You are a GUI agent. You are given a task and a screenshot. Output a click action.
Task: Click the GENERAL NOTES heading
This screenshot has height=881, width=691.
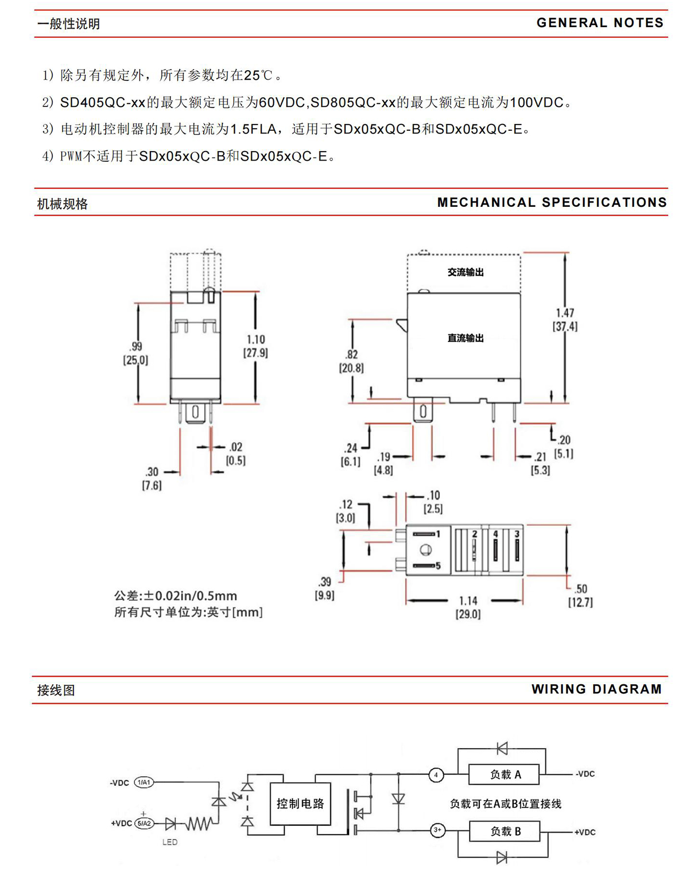600,23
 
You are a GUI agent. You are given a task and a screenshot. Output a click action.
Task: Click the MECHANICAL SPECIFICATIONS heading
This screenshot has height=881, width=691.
552,203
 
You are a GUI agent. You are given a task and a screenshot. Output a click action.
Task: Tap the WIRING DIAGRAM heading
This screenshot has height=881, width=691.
596,689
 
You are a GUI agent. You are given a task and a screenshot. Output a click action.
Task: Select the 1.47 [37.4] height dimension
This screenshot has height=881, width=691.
565,320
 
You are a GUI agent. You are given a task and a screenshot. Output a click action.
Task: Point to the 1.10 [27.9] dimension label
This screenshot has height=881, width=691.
256,346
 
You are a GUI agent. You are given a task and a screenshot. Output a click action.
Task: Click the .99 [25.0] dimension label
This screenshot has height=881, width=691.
136,354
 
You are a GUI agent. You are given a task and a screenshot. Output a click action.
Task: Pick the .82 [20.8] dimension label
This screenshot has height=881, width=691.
351,361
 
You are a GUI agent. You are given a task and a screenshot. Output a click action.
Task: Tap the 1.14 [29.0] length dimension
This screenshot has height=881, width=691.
468,607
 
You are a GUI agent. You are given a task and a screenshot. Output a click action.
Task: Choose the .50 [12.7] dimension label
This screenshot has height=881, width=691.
580,595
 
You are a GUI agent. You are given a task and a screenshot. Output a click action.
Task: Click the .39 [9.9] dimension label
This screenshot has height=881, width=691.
325,589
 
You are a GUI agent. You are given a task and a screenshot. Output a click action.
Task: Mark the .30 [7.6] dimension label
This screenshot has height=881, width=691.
152,478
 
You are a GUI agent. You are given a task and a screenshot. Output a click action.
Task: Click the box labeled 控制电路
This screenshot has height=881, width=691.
300,803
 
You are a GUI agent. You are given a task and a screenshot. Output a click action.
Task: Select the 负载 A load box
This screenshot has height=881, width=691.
504,775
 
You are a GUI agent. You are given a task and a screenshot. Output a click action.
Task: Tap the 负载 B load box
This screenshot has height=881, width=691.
504,831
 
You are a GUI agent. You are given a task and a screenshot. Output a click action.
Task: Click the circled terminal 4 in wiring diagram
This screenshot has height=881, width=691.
436,775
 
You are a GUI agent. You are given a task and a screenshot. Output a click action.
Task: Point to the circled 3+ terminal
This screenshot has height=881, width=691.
437,830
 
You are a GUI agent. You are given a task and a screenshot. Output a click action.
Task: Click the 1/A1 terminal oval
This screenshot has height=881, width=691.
144,782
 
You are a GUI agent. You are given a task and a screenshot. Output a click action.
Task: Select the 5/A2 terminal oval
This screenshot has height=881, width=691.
144,824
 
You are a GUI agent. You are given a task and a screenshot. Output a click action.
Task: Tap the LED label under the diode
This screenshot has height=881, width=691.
170,842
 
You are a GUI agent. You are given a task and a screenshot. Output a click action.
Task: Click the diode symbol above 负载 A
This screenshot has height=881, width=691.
502,749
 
